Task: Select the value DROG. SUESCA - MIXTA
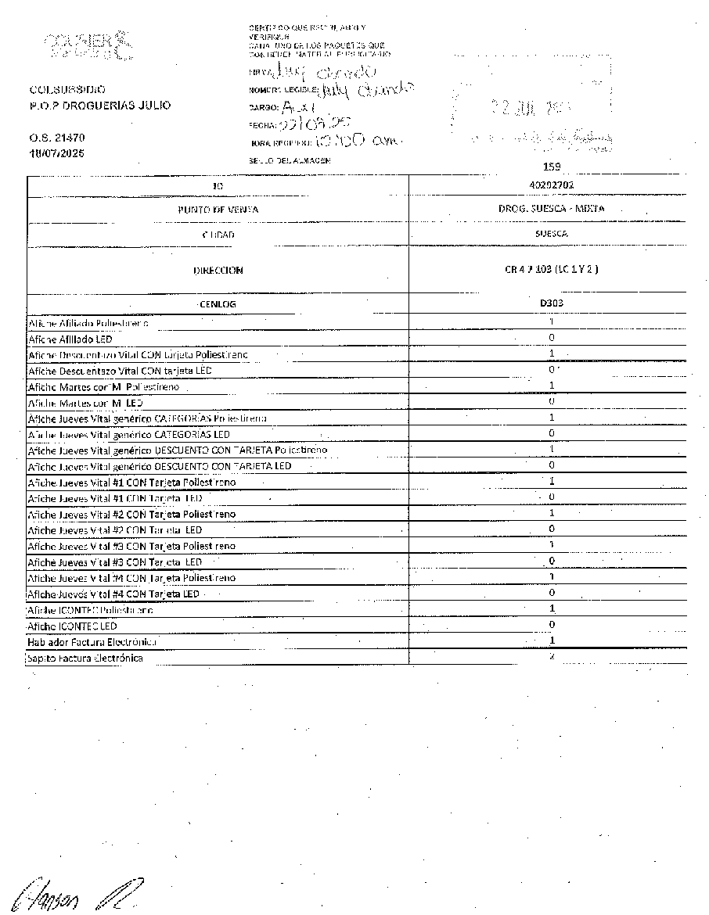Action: [x=551, y=209]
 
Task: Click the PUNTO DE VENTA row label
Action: [x=218, y=210]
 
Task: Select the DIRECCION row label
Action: [x=218, y=271]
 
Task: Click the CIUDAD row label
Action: [x=218, y=235]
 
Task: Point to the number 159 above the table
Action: [x=552, y=166]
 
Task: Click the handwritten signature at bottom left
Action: [x=74, y=890]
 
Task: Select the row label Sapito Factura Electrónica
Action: [x=85, y=658]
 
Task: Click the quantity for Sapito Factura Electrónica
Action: [x=552, y=657]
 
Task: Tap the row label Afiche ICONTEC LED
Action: [x=72, y=626]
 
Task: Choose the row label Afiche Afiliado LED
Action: [x=71, y=339]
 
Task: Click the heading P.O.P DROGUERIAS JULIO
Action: [x=99, y=106]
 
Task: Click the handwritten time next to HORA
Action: [x=360, y=142]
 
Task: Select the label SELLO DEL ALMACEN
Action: [x=289, y=160]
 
